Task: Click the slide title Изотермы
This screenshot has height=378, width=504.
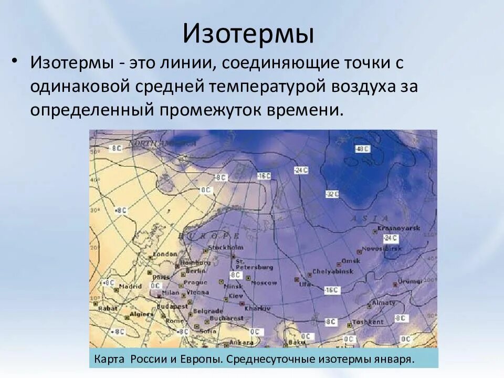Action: (248, 34)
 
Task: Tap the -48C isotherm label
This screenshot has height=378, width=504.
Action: (362, 149)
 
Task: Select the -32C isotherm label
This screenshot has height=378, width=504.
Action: (332, 194)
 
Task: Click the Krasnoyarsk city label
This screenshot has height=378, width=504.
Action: (392, 229)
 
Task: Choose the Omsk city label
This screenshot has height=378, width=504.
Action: (351, 260)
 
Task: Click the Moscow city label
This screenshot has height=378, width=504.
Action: (264, 282)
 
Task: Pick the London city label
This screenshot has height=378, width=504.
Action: (165, 254)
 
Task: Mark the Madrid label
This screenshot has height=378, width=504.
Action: (130, 287)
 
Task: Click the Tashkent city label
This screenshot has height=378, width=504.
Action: (368, 322)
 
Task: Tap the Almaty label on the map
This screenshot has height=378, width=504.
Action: (384, 303)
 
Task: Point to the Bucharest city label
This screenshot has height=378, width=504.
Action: (226, 318)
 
